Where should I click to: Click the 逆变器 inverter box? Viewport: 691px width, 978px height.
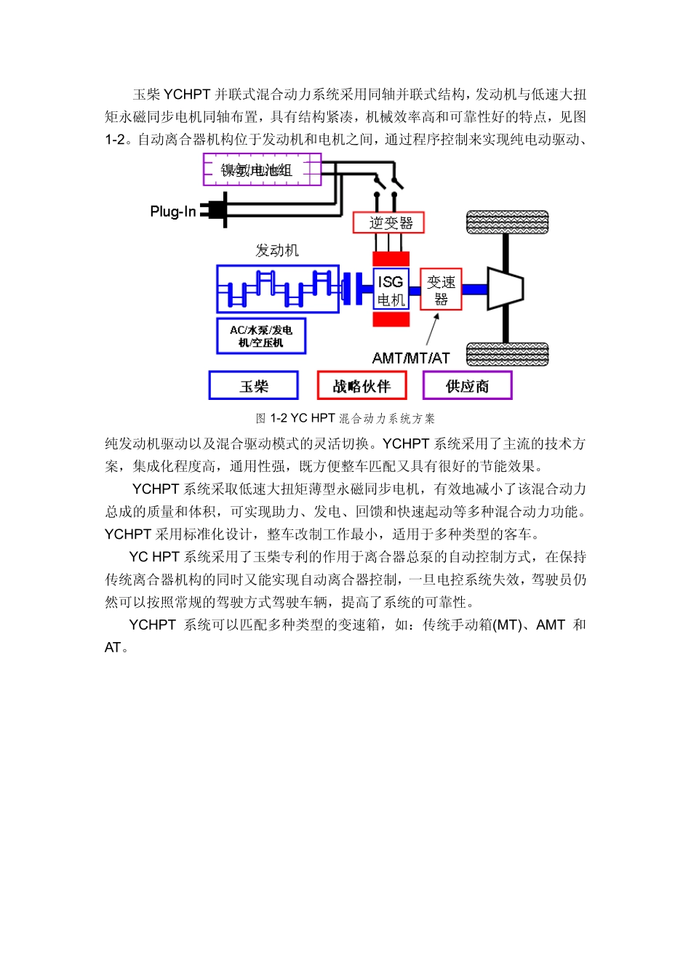[x=388, y=223]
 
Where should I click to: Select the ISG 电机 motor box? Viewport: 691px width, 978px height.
[x=391, y=290]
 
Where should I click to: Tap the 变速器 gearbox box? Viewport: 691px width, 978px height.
[x=441, y=289]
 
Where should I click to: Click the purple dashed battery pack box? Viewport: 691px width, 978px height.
[x=262, y=169]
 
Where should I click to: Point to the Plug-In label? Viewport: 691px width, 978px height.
[x=172, y=212]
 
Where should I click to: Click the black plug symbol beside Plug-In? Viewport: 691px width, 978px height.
[x=215, y=210]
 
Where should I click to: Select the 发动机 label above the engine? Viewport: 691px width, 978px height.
[x=277, y=250]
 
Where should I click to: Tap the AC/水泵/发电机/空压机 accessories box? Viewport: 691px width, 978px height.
[x=261, y=336]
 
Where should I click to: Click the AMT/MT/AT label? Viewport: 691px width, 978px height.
[x=411, y=358]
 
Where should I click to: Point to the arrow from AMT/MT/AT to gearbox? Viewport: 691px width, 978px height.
[x=433, y=329]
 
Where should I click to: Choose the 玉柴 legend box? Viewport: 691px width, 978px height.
[x=254, y=385]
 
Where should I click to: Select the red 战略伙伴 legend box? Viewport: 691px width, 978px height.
[x=362, y=385]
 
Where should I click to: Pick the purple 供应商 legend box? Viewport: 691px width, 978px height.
[x=468, y=385]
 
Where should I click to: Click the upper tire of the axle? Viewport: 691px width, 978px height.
[x=507, y=222]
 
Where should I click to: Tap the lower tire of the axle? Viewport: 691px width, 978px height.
[x=507, y=354]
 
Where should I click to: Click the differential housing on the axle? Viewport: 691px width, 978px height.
[x=505, y=289]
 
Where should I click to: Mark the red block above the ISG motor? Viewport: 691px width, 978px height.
[x=391, y=259]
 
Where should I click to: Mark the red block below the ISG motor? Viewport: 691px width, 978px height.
[x=391, y=319]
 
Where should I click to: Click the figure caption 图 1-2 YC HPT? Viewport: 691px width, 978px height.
[x=345, y=418]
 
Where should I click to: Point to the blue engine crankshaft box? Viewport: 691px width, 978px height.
[x=278, y=289]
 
